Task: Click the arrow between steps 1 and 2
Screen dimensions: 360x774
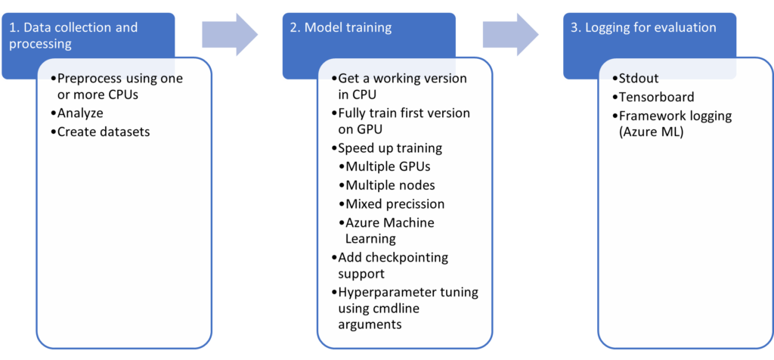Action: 230,34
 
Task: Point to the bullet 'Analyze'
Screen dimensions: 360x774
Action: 80,113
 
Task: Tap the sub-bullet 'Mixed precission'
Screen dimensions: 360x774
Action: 395,204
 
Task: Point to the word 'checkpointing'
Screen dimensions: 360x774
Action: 407,257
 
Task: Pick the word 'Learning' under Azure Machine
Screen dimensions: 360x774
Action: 370,239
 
